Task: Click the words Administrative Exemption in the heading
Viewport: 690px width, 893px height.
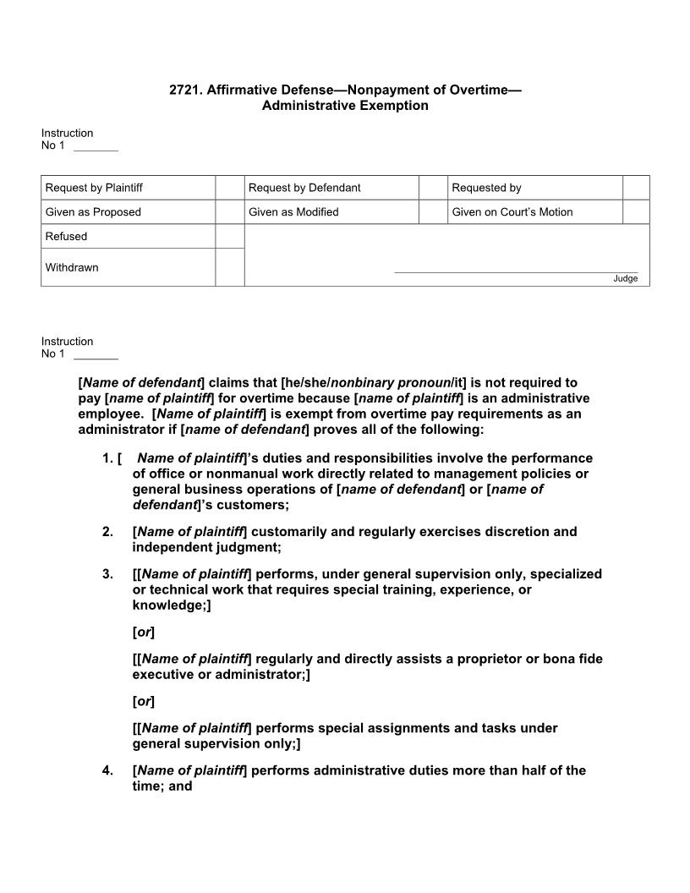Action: tap(345, 106)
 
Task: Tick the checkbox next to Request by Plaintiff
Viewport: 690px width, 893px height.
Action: tap(229, 188)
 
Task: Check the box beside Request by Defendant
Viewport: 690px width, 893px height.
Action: tap(433, 188)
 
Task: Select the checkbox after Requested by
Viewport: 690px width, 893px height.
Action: tap(636, 188)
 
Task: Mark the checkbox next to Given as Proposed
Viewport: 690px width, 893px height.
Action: tap(229, 212)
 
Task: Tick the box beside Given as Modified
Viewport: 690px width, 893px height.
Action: tap(433, 212)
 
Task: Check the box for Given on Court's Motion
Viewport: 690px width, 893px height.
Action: tap(636, 212)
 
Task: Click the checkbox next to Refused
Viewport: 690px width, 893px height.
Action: tap(229, 237)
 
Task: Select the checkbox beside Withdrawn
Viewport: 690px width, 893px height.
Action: tap(229, 267)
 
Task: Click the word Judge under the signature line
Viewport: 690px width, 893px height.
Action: tap(626, 279)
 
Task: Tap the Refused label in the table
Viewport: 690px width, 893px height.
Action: tap(66, 237)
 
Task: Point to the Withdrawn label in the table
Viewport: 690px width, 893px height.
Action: tap(72, 267)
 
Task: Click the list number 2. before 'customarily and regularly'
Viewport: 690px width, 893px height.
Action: tap(107, 532)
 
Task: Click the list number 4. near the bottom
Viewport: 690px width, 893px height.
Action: tap(107, 770)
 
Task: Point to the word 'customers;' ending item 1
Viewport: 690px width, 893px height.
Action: tap(253, 505)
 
